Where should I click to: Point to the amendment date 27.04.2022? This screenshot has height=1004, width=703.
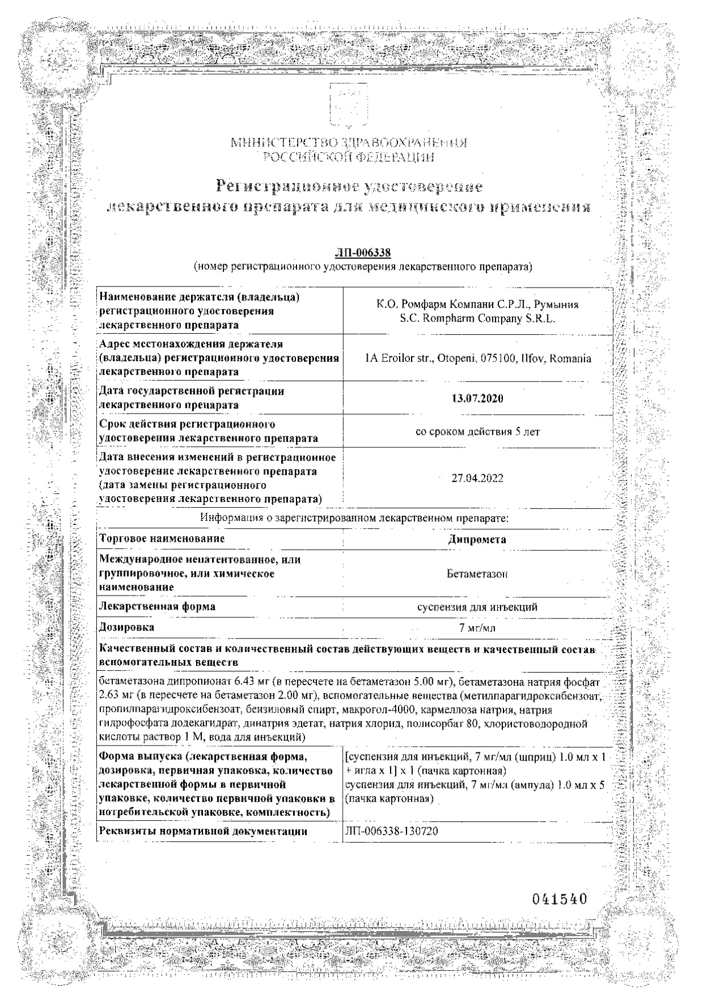click(477, 478)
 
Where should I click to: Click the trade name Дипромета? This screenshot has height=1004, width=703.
click(477, 539)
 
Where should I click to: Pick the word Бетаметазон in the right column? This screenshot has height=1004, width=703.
click(477, 573)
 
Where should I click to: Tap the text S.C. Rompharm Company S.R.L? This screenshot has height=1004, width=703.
click(477, 320)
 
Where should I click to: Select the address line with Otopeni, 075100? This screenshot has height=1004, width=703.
click(477, 359)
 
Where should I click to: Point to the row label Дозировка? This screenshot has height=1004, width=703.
click(127, 627)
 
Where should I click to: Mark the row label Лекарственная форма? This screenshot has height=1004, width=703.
click(157, 606)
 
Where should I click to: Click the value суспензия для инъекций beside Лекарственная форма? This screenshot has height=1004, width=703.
click(477, 607)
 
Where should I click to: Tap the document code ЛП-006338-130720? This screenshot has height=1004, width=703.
click(392, 831)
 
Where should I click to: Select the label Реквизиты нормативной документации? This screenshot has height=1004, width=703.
click(204, 831)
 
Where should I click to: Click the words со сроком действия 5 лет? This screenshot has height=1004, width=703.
click(477, 431)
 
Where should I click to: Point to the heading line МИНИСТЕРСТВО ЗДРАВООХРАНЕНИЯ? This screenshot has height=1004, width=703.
click(348, 143)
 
